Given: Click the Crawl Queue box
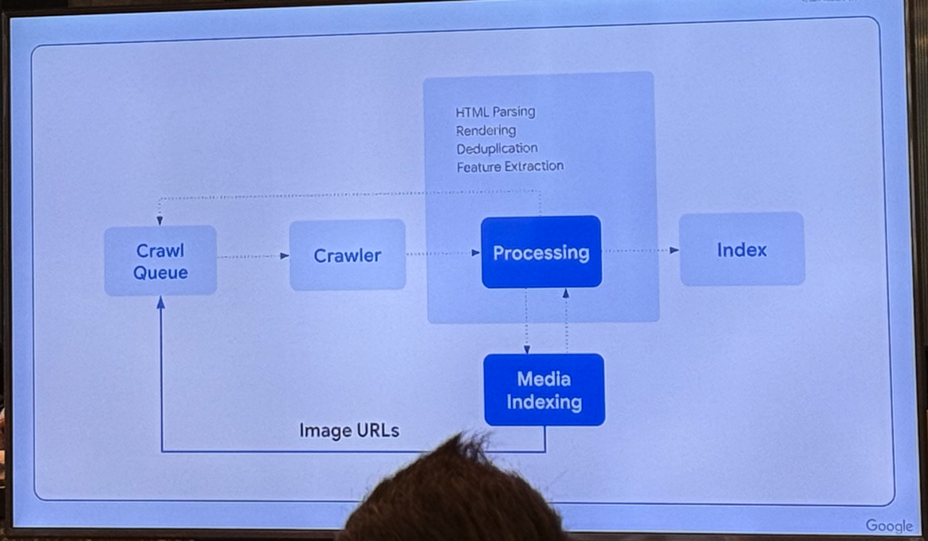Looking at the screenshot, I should [x=160, y=261].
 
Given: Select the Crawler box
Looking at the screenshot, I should [x=347, y=255].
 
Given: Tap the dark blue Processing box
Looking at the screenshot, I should [x=541, y=252].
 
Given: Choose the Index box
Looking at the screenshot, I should [x=741, y=249].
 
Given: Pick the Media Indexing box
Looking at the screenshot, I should [x=544, y=390].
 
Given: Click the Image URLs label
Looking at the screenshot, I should [x=349, y=431].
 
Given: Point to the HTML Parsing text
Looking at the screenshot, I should [x=495, y=112].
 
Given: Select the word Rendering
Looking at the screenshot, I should [x=486, y=130].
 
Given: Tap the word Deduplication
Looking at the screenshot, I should [x=497, y=148].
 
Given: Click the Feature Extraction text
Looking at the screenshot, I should [x=509, y=167].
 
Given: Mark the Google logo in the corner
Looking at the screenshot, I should [x=889, y=526].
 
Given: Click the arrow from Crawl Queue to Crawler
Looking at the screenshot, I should [x=253, y=256].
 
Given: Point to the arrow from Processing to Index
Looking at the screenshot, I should [x=640, y=250].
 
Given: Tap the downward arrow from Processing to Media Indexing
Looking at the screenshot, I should [x=526, y=321].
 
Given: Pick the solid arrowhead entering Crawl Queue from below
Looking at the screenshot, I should [x=160, y=303].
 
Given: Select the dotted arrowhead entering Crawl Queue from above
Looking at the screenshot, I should [x=159, y=218].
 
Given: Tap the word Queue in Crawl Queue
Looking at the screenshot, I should [x=160, y=272].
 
